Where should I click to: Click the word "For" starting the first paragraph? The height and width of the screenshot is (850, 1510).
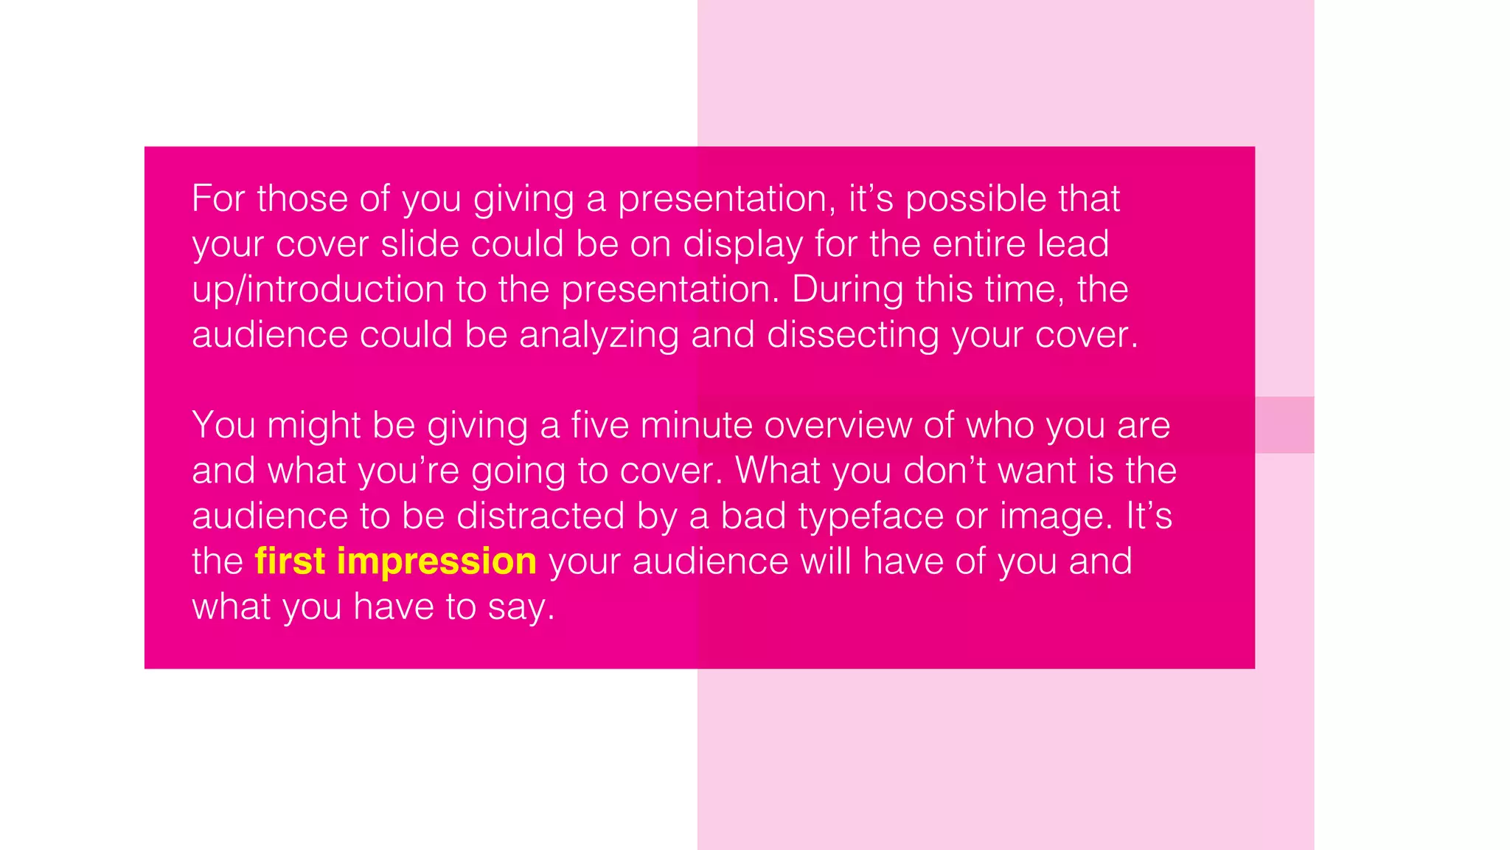[218, 198]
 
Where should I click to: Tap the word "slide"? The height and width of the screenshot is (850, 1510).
[420, 244]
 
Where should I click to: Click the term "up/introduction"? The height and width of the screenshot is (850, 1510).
[318, 290]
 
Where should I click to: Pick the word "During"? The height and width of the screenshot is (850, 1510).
[847, 290]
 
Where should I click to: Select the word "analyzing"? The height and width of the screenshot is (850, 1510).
[599, 336]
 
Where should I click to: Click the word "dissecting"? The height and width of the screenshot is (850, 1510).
[853, 336]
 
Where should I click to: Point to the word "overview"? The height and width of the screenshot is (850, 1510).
[838, 426]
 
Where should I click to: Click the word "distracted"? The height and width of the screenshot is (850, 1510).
[540, 516]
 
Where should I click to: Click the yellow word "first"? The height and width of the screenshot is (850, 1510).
[290, 562]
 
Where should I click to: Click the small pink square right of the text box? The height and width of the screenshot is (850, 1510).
[1284, 425]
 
